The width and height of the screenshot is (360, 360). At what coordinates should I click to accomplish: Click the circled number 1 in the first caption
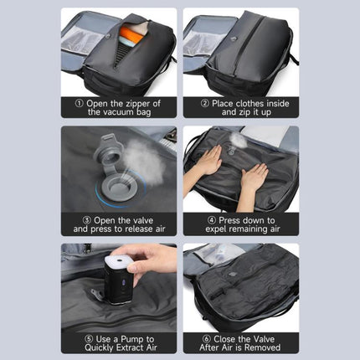80,104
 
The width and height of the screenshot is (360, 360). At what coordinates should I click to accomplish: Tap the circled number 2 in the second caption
205,104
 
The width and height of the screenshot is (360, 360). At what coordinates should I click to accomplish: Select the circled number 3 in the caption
87,220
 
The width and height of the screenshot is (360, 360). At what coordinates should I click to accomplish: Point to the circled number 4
212,220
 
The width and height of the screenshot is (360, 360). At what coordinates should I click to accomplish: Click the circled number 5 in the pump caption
89,339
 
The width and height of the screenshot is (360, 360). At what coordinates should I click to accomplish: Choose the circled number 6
207,339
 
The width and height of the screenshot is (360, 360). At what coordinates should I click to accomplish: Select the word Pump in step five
132,340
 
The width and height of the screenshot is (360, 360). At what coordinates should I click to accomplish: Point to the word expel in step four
217,229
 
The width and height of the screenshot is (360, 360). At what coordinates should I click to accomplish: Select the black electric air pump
119,279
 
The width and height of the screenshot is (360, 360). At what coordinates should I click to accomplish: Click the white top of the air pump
120,260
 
